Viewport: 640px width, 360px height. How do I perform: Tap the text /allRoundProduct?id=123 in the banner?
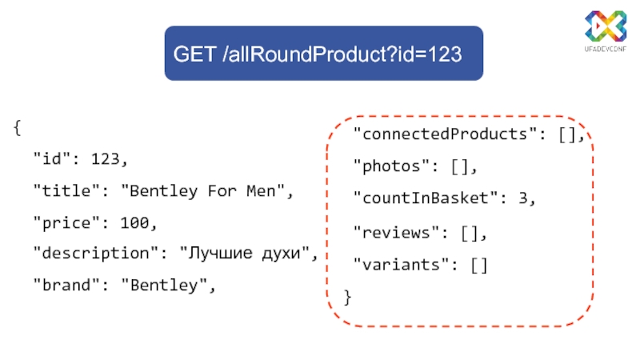342,54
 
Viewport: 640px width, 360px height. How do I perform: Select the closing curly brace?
346,297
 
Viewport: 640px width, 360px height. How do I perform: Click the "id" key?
50,159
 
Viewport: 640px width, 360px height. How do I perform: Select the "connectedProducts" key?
442,134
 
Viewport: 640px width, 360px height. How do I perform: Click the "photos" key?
393,166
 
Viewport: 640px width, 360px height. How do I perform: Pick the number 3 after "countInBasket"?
524,198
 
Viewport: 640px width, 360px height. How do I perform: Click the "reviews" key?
398,233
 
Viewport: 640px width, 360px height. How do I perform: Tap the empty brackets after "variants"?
478,265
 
